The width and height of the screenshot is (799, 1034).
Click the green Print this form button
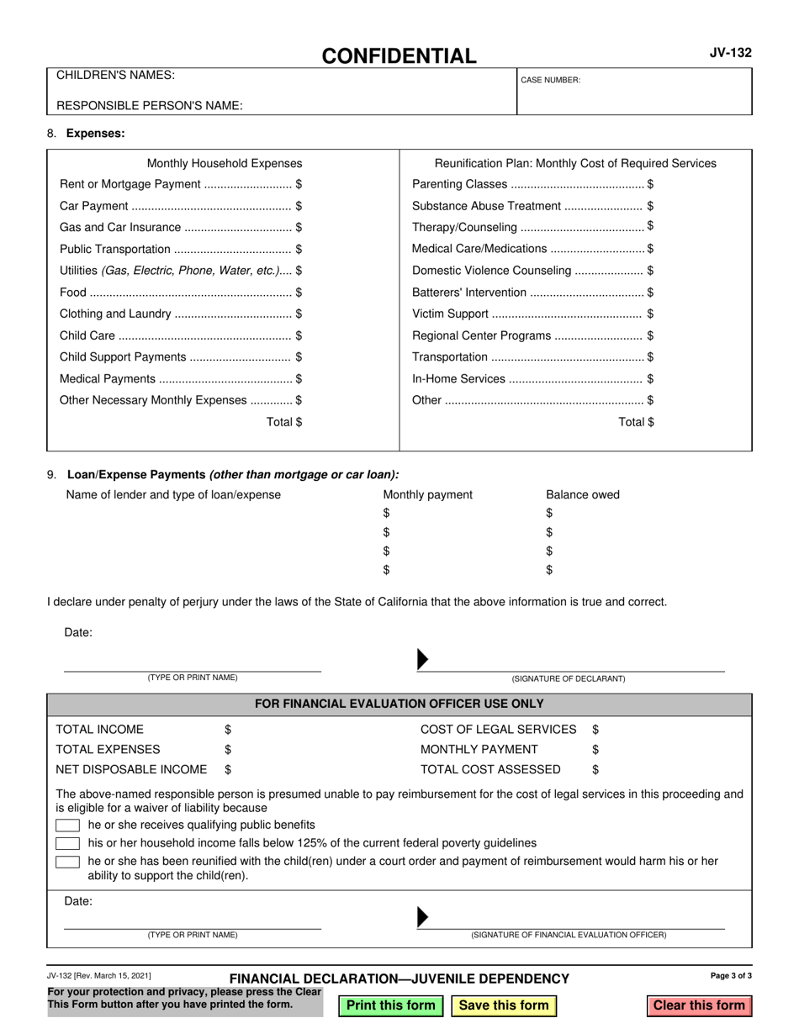tap(391, 1005)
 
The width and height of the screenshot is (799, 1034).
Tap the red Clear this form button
tap(699, 1005)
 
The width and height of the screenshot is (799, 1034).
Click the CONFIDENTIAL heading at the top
tap(399, 56)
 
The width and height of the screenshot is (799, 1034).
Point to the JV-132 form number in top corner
tap(731, 53)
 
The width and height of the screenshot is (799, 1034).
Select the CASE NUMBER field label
tap(551, 80)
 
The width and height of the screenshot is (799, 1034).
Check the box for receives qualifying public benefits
tap(67, 825)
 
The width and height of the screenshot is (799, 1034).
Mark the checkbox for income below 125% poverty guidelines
tap(67, 843)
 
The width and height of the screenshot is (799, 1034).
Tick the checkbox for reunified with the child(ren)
tap(67, 862)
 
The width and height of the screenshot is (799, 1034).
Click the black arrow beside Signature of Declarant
tap(423, 661)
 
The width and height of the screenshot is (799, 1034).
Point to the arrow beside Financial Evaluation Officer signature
tap(423, 917)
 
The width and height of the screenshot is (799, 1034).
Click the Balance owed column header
tap(582, 494)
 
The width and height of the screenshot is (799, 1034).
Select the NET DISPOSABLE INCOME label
tap(131, 769)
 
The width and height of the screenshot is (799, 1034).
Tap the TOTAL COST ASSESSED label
tap(490, 769)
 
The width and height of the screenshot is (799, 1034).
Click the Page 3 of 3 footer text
tap(731, 976)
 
